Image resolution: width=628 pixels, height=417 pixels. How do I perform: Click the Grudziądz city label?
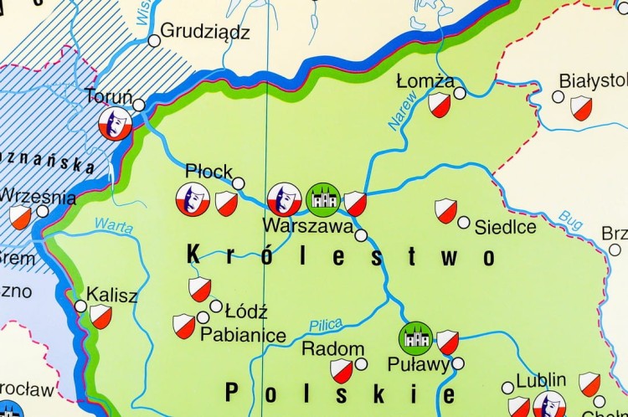[205, 33]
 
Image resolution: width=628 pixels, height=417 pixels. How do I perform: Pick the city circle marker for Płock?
[239, 183]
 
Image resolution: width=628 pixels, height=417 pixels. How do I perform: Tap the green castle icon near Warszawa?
[322, 199]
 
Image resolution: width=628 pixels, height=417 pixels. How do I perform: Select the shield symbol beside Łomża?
[440, 106]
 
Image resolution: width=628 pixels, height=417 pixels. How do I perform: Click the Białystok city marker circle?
[559, 96]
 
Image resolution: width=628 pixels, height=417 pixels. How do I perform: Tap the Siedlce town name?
[505, 227]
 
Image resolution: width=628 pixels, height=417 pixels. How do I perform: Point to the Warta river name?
[115, 225]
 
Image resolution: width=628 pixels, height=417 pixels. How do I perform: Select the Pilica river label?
[326, 325]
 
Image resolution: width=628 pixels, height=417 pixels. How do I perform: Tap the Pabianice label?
[244, 333]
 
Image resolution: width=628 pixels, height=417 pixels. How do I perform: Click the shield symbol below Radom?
[341, 371]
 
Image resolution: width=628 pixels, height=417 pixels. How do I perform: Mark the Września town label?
[38, 198]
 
